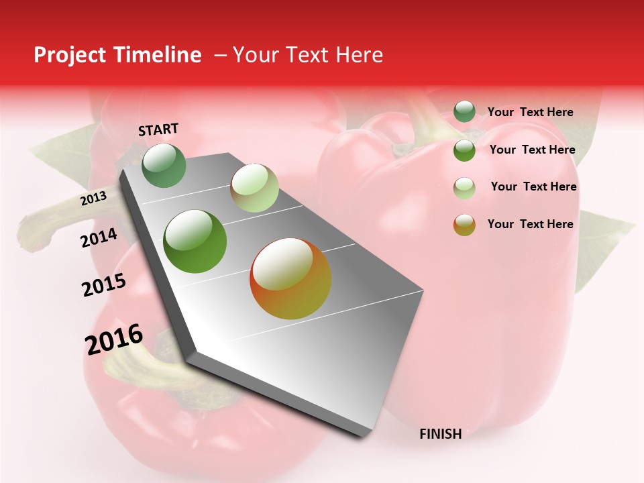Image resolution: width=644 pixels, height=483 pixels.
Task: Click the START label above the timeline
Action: click(x=158, y=129)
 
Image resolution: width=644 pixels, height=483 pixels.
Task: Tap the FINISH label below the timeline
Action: click(x=440, y=434)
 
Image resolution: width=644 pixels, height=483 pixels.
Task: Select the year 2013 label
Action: click(x=93, y=199)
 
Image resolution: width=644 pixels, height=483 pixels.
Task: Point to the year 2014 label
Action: click(x=99, y=238)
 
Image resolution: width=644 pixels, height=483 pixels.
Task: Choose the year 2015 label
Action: click(x=103, y=286)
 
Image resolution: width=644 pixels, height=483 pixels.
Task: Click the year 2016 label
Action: click(x=114, y=339)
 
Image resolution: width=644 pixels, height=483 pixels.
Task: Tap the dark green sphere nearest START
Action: click(x=164, y=165)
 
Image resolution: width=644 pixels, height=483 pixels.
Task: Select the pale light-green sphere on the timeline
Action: click(x=254, y=188)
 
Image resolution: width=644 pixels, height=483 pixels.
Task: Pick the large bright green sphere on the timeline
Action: click(x=195, y=241)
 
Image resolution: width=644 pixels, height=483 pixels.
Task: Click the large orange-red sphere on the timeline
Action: click(x=290, y=278)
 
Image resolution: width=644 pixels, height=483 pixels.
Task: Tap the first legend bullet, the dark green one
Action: click(x=464, y=112)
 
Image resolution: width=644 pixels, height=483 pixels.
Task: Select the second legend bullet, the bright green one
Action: click(x=464, y=150)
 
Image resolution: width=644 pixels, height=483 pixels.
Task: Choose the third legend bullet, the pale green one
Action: click(x=464, y=187)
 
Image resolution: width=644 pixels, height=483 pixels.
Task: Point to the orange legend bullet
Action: click(x=464, y=224)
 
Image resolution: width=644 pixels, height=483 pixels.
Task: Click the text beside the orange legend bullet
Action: click(x=530, y=224)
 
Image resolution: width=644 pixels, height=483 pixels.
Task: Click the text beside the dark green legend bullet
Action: click(x=530, y=112)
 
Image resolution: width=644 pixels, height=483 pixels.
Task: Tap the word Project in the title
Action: click(x=70, y=55)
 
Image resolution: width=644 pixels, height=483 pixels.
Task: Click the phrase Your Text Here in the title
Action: click(x=308, y=55)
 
